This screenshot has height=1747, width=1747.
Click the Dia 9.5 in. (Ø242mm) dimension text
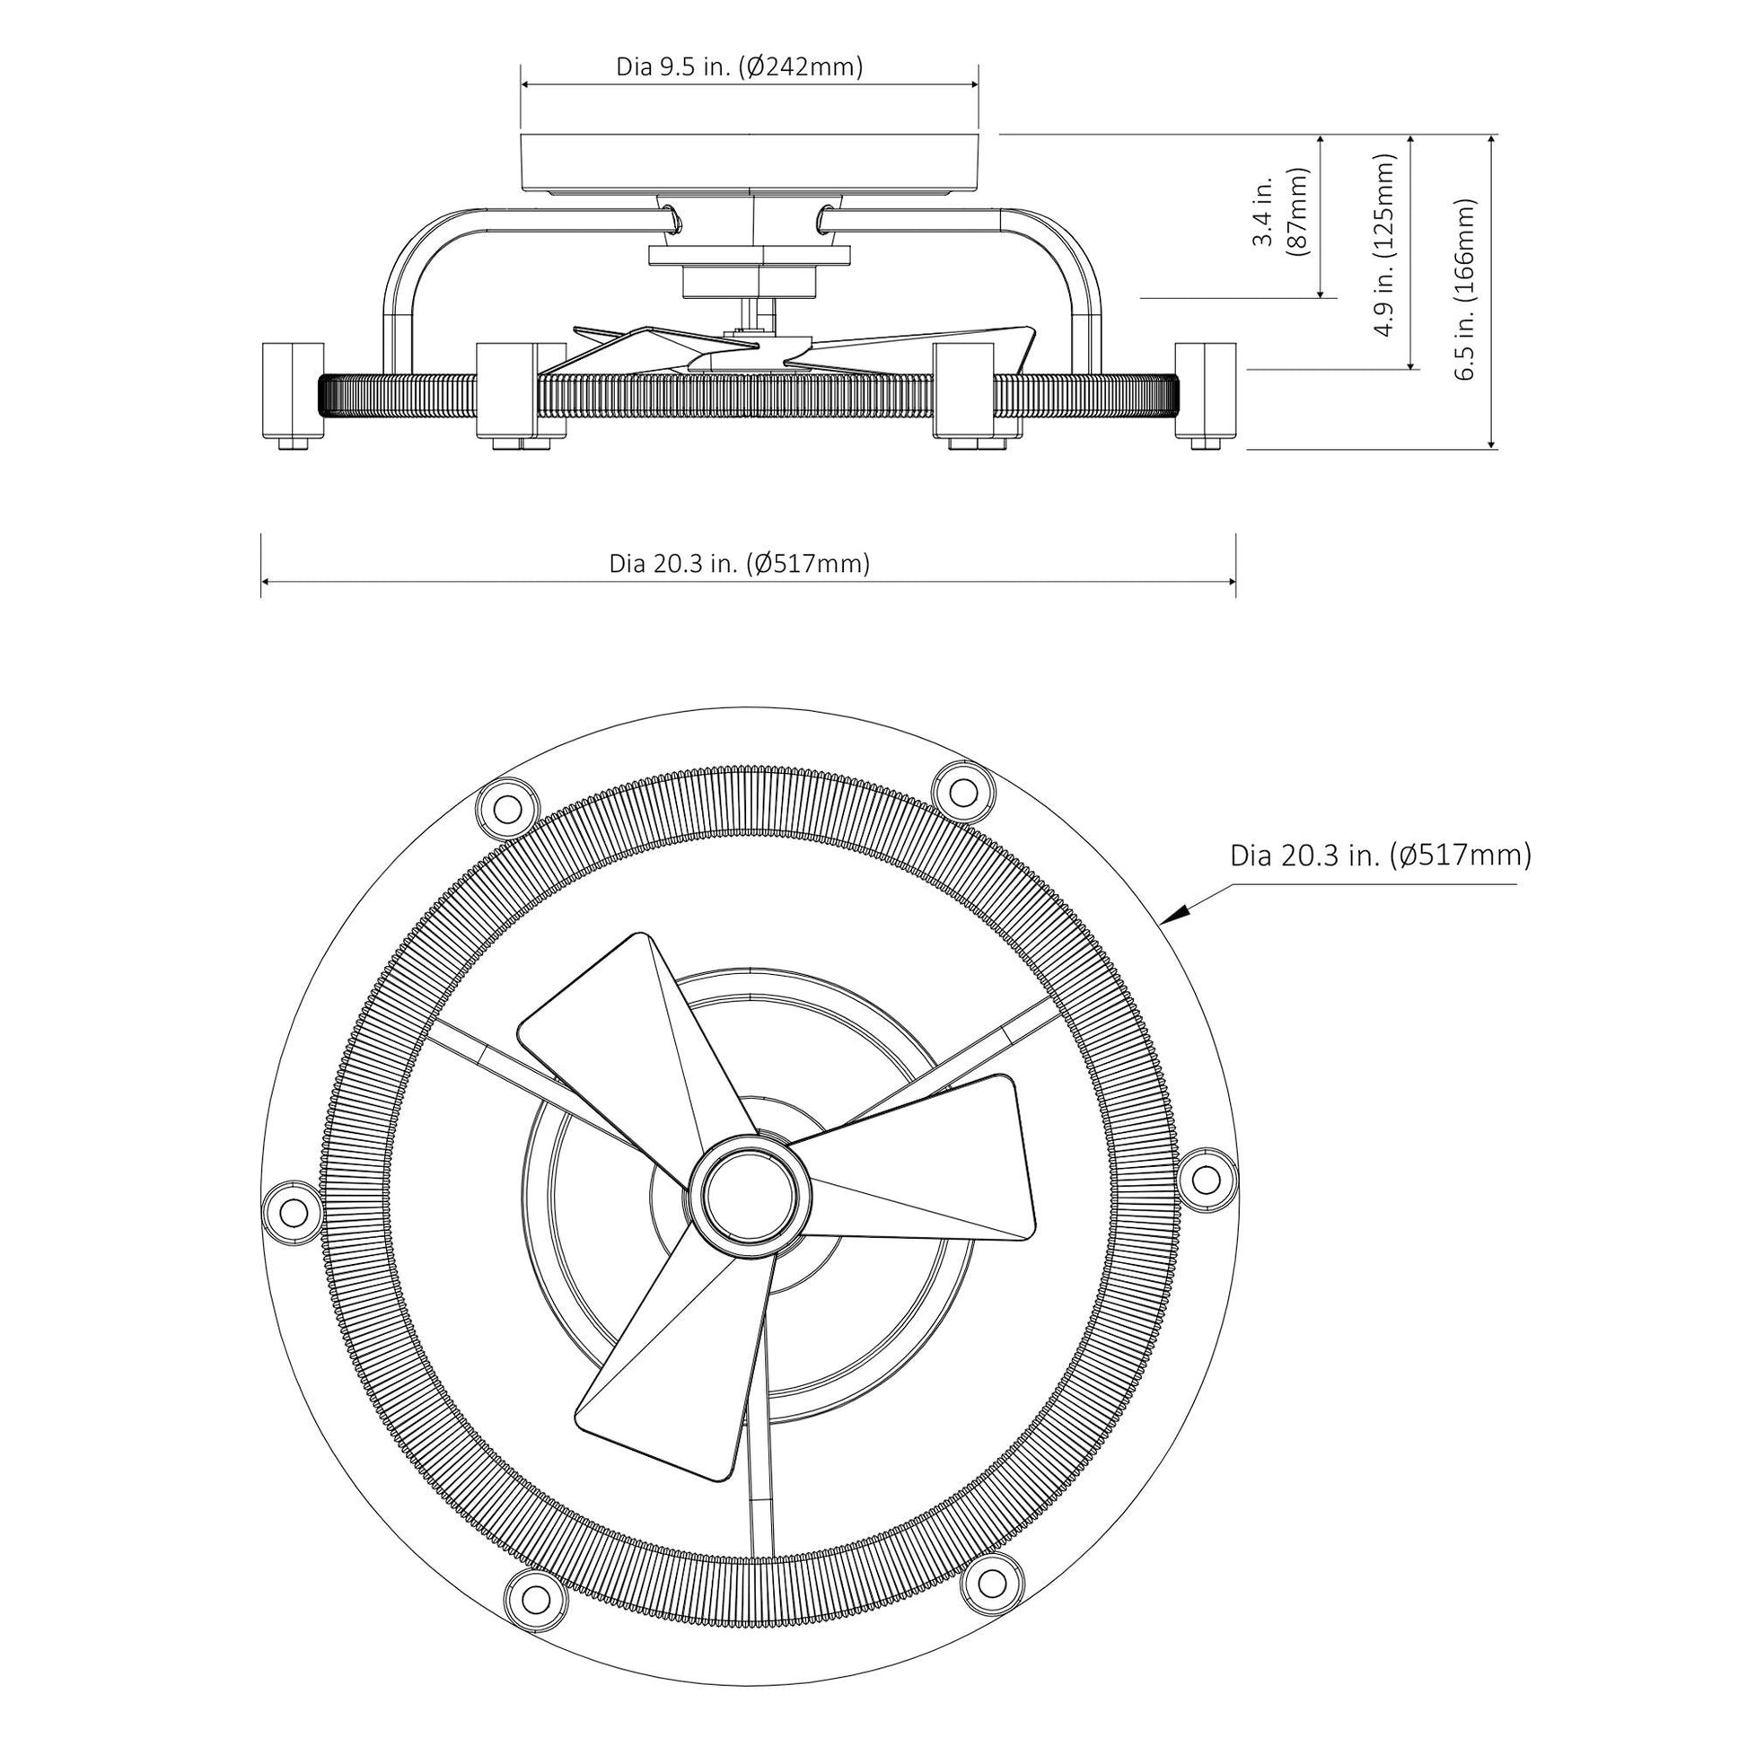739,67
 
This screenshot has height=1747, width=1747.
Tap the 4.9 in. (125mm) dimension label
1383,244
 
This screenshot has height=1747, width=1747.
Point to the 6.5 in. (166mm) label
1465,289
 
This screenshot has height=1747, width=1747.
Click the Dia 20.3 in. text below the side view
739,565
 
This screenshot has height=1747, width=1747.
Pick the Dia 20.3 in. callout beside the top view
1380,856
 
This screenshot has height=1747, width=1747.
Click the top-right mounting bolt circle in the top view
964,792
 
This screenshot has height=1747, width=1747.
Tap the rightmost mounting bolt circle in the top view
1205,1179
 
